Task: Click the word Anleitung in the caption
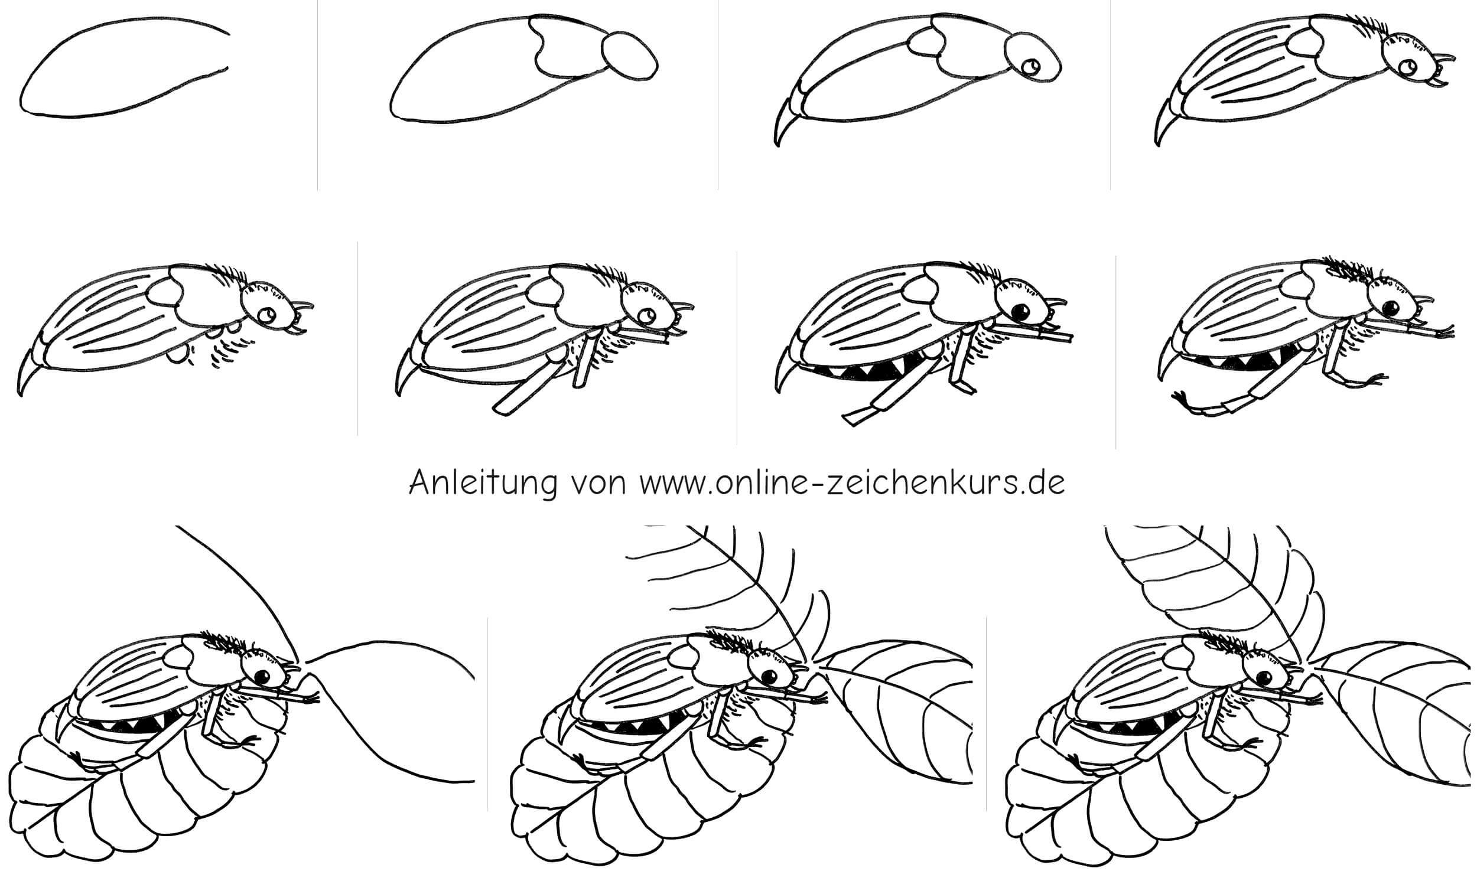click(483, 484)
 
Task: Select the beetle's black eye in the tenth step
click(770, 676)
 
